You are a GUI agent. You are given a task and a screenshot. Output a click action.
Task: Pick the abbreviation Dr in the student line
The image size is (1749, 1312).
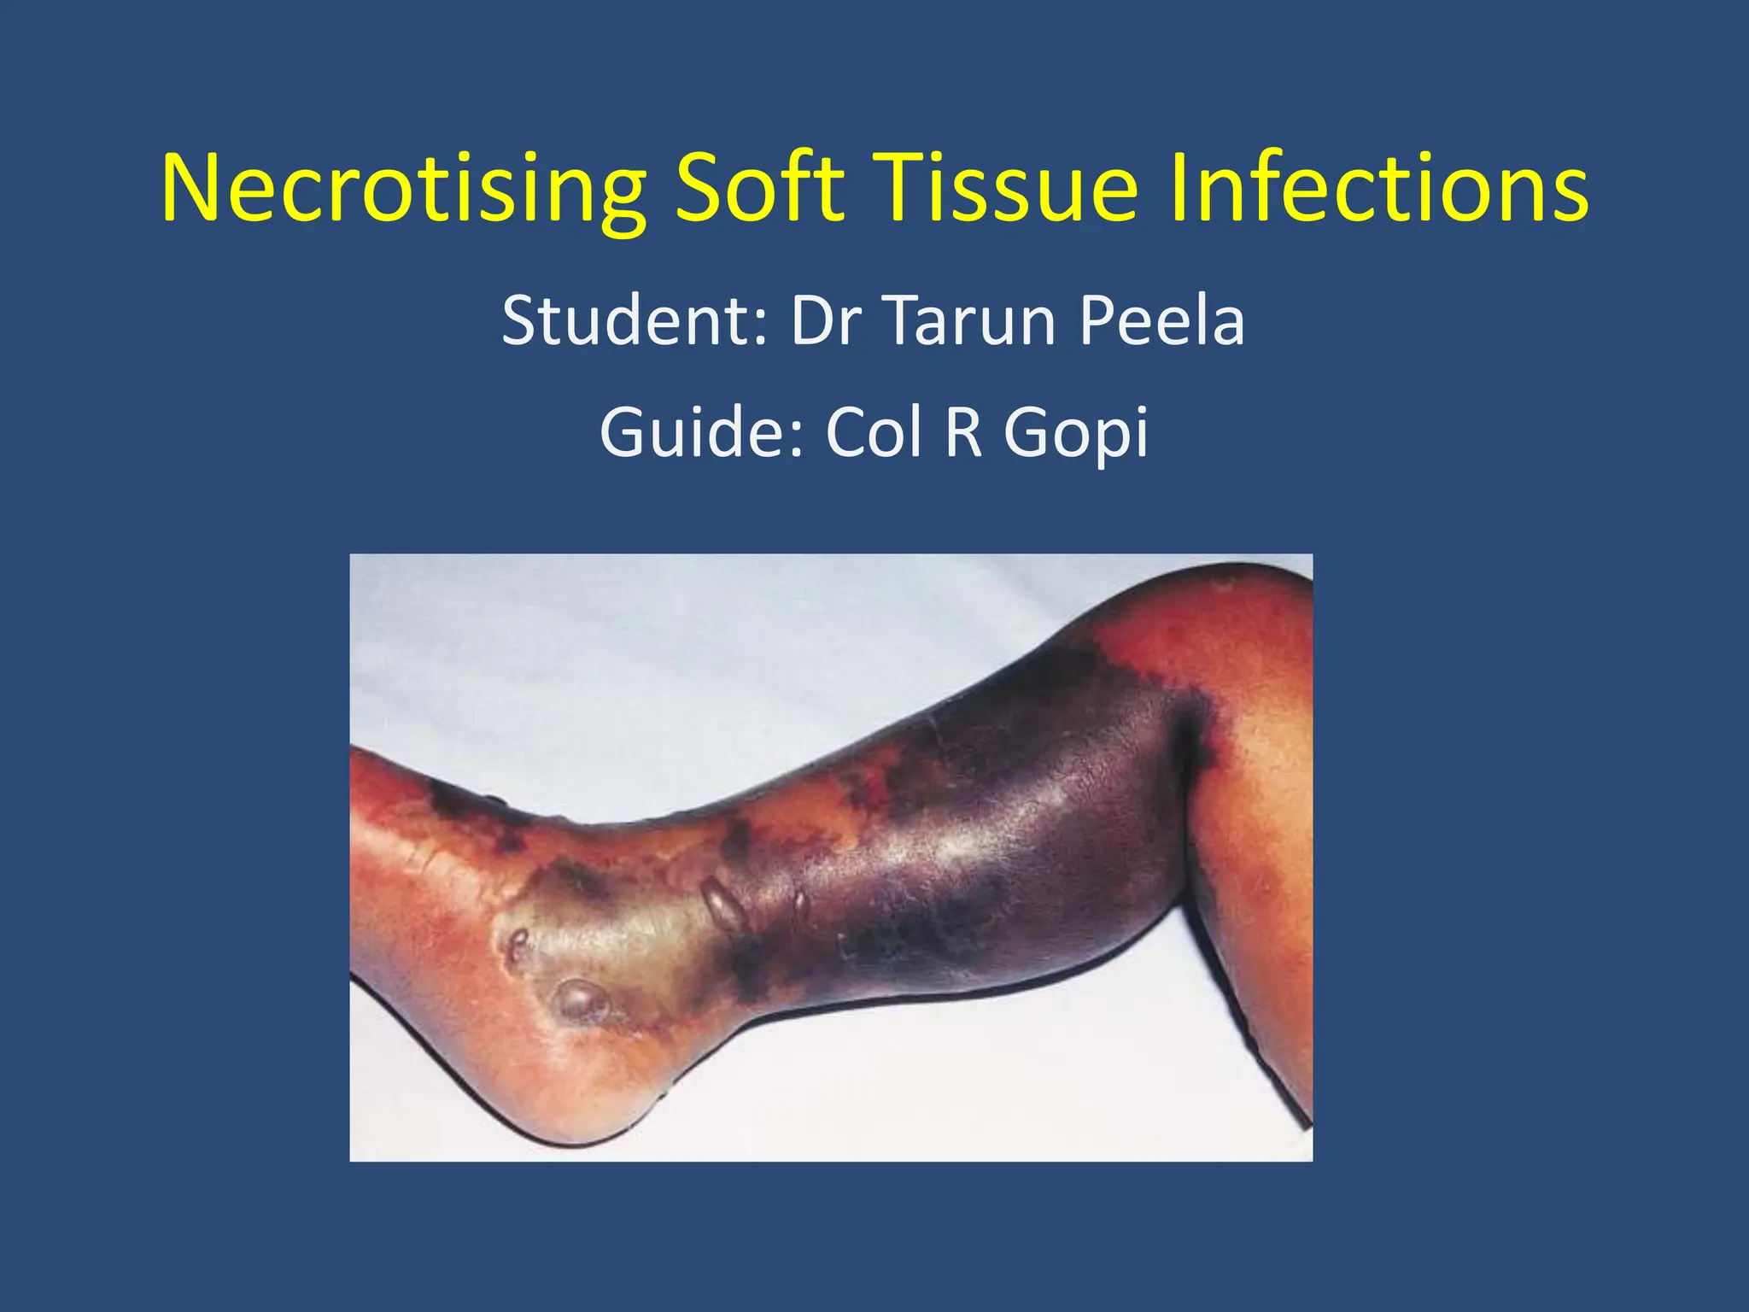(825, 321)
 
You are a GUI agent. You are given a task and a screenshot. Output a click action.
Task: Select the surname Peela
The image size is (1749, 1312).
(1161, 321)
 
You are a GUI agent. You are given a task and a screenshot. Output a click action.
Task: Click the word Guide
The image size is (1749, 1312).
(700, 433)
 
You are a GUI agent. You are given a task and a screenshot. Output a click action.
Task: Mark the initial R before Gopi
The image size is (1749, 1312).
(963, 433)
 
